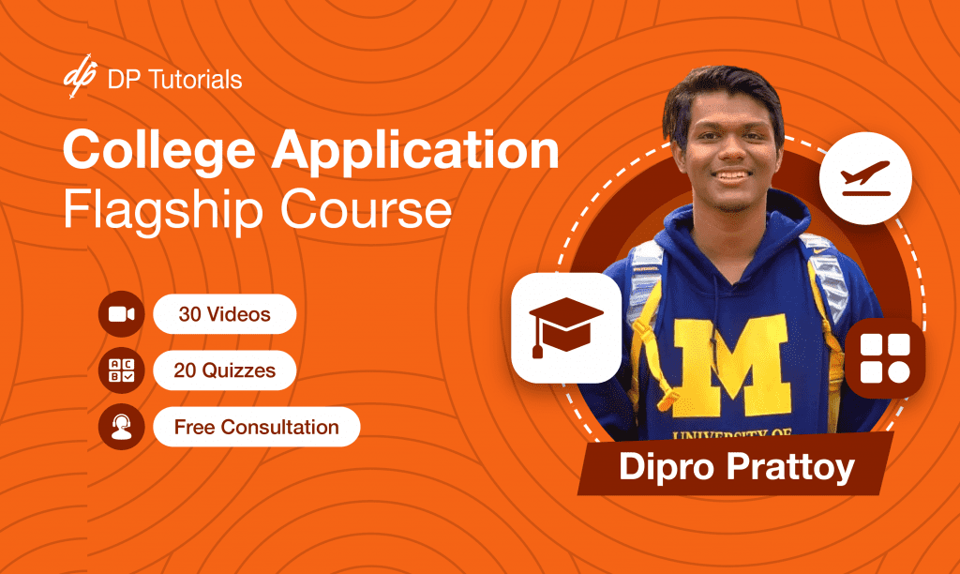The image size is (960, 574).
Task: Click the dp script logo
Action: point(81,75)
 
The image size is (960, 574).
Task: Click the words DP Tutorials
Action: point(174,80)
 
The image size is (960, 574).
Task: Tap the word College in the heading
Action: point(159,151)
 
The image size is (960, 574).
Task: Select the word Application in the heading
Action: point(415,151)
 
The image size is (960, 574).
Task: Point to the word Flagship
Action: point(163,210)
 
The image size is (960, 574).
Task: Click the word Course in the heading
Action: point(367,210)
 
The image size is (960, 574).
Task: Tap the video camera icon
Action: point(121,314)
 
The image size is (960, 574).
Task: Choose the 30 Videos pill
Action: point(225,314)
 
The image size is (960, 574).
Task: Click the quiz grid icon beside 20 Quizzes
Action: point(121,370)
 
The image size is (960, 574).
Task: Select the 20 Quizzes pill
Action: point(225,370)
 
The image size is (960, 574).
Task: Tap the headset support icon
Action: point(121,427)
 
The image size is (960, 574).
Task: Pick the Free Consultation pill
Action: point(257,427)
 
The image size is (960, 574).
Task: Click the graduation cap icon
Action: point(566,327)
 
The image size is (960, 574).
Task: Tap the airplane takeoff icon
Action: point(865,178)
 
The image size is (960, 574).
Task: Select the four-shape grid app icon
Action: point(885,358)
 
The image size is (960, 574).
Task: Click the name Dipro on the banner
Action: point(667,467)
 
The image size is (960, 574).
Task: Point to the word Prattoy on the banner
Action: point(790,467)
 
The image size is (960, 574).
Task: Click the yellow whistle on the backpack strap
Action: point(667,400)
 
